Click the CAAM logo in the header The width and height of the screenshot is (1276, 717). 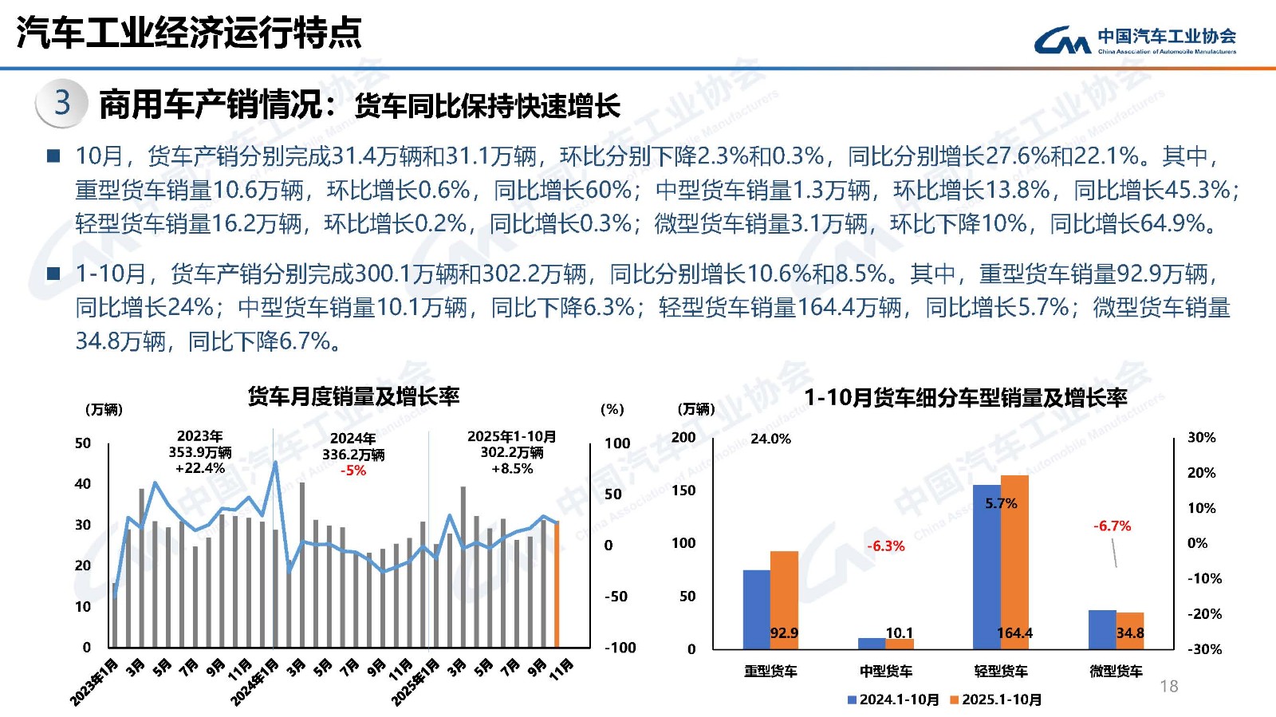point(1134,39)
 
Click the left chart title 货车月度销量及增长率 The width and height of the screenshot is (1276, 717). point(353,396)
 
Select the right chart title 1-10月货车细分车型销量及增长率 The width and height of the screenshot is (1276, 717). point(965,398)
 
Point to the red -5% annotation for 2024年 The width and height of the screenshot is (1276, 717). point(353,471)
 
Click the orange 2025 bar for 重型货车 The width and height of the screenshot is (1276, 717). point(784,600)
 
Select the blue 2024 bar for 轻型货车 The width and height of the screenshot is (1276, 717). point(987,566)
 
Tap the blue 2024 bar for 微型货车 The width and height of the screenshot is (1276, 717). point(1102,629)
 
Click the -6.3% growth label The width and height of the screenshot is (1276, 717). point(886,546)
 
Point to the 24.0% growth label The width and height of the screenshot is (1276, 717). point(770,439)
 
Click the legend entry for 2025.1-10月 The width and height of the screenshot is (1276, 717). point(996,699)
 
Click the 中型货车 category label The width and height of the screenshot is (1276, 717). point(886,672)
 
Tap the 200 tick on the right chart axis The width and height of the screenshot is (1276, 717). point(683,438)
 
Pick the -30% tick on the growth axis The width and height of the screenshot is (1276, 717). point(1204,649)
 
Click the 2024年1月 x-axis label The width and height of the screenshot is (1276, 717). point(255,681)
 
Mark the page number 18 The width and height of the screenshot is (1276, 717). point(1168,686)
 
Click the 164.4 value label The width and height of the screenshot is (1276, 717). point(1014,633)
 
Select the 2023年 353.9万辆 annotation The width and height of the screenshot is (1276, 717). point(199,452)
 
